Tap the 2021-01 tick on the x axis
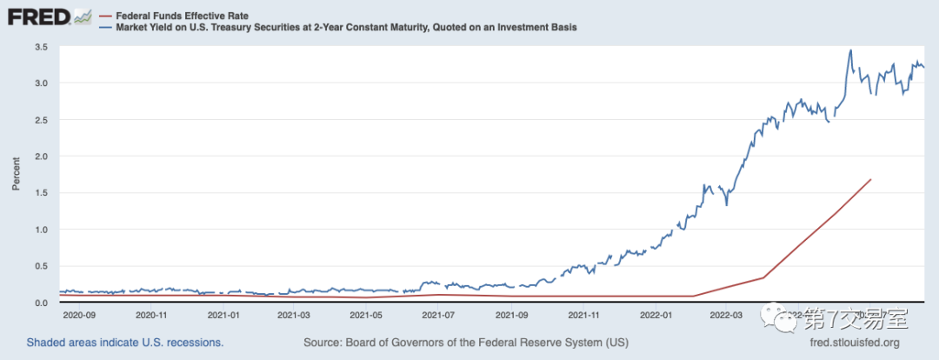click(224, 314)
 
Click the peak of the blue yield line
click(850, 50)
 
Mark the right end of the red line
click(870, 179)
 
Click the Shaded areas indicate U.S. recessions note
click(125, 343)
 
